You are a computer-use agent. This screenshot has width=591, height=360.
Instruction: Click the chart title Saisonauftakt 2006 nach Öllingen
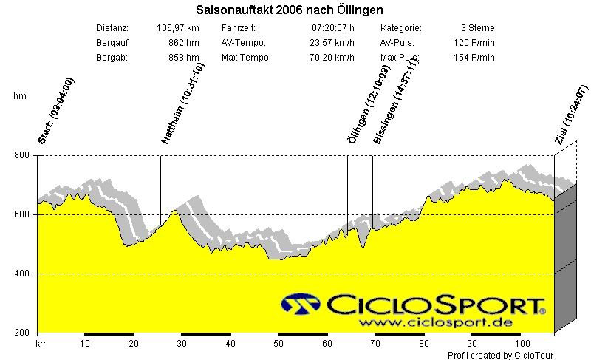coord(290,10)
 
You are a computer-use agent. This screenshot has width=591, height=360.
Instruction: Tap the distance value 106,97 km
coord(178,28)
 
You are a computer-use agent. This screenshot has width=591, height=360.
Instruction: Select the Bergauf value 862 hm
coord(184,43)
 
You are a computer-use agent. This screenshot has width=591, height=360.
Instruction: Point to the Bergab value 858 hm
coord(184,58)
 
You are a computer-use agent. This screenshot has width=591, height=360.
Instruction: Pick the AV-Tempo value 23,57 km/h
coord(332,43)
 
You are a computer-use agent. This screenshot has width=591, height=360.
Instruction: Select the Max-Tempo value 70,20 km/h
coord(332,58)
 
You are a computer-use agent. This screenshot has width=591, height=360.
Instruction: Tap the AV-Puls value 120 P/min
coord(474,43)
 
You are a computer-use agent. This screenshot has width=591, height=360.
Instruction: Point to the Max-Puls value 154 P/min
coord(474,58)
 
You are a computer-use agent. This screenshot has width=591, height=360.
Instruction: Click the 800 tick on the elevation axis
coord(23,155)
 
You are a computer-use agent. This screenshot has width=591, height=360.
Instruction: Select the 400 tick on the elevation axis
coord(23,274)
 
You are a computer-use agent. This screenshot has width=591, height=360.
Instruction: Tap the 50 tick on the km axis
coord(279,344)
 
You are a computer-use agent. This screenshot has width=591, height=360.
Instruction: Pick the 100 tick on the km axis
coord(522,344)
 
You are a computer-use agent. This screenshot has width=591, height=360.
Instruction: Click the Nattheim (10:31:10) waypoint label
coord(182,103)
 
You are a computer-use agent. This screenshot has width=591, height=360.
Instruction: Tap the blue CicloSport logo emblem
coord(301,304)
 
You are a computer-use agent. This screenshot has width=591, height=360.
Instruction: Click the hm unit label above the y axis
coord(20,96)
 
